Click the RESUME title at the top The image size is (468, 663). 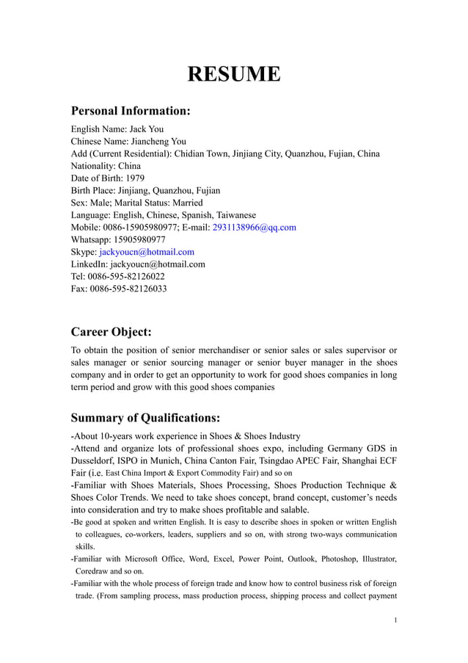(x=233, y=74)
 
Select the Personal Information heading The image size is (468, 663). (x=131, y=111)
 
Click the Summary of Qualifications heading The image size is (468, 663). (x=145, y=418)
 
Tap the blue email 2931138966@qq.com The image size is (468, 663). (x=254, y=228)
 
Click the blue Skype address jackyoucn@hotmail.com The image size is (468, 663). (x=147, y=252)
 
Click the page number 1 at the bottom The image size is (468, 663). (x=395, y=620)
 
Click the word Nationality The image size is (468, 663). (x=92, y=166)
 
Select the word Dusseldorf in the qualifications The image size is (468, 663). (x=95, y=461)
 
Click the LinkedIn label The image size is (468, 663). (x=87, y=264)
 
